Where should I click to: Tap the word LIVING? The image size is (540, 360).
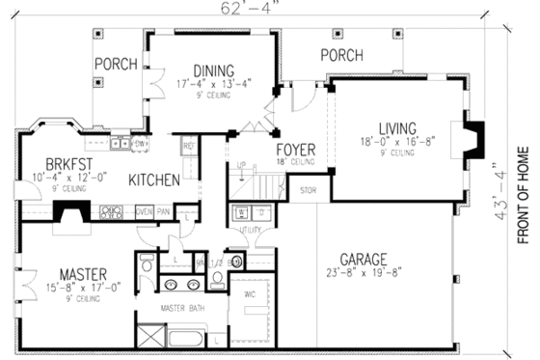(395, 127)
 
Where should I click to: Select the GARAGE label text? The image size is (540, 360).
(363, 259)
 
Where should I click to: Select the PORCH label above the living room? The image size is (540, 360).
(341, 55)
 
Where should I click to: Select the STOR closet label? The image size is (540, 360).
(309, 190)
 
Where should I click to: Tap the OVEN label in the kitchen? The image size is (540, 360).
(144, 209)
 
